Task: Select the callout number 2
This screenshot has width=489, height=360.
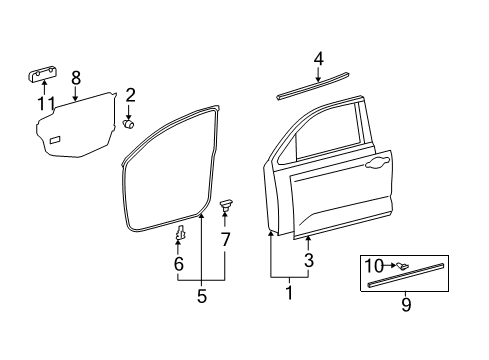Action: (130, 96)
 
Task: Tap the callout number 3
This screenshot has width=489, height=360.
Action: (308, 261)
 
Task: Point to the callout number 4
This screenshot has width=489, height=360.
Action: (318, 59)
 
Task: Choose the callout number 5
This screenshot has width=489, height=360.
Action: (201, 296)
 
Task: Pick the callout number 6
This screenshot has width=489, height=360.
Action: (179, 264)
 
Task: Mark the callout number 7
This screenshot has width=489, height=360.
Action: (225, 239)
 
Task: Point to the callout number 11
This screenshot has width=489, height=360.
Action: (43, 103)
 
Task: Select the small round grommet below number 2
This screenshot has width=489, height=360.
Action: (129, 123)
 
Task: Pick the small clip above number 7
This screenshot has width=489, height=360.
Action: (225, 205)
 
